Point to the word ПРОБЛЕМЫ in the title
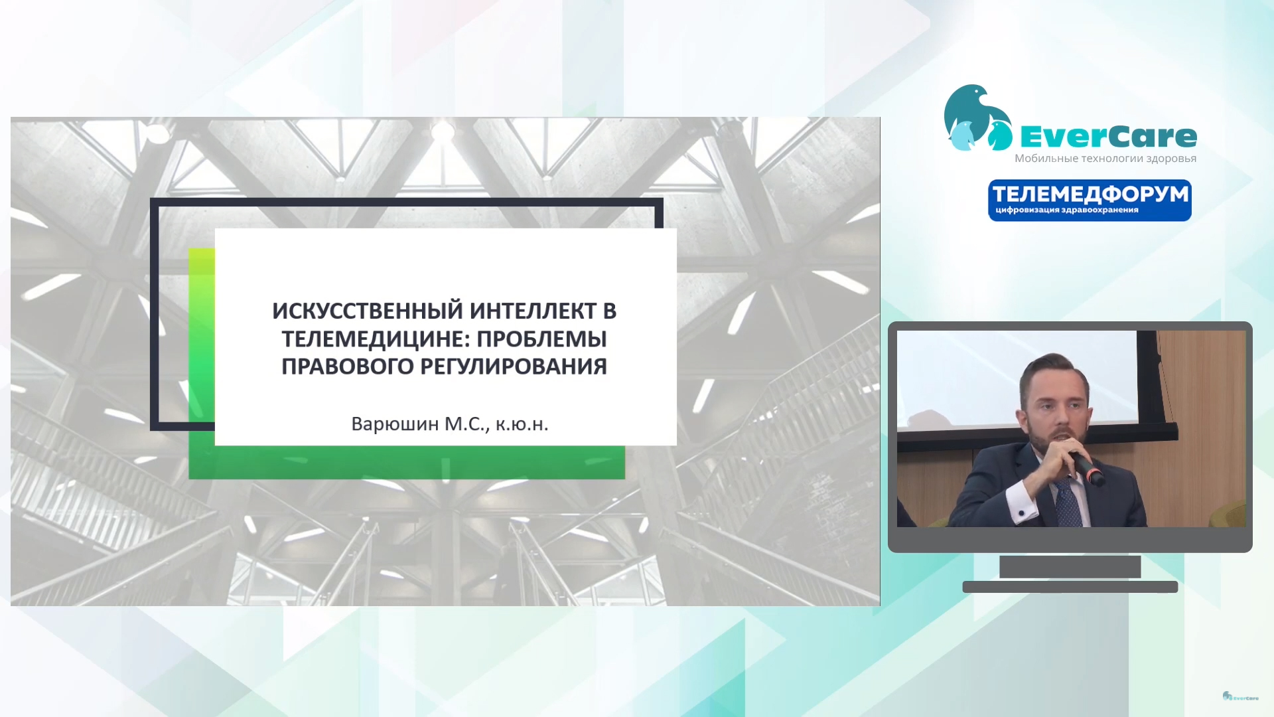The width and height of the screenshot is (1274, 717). (x=542, y=339)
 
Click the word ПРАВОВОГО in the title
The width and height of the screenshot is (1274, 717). (x=348, y=366)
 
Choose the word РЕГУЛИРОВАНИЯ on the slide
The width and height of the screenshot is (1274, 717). (x=514, y=366)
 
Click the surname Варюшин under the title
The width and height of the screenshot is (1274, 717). (x=395, y=424)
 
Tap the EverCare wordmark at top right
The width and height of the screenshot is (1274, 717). (x=1108, y=137)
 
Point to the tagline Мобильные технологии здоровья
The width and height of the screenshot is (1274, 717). (x=1105, y=159)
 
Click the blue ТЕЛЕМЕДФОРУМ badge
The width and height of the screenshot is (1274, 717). (x=1090, y=200)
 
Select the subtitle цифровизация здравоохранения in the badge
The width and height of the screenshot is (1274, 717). (x=1067, y=210)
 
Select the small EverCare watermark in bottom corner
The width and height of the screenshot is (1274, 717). (x=1240, y=696)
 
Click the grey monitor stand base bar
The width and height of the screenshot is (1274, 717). (x=1070, y=587)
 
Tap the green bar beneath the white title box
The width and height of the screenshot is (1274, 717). (x=407, y=462)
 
